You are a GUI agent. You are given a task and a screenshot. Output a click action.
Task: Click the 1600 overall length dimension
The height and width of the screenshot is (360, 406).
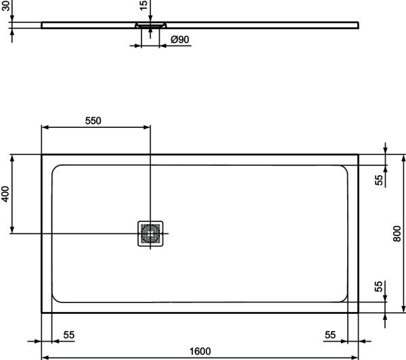point(200,351)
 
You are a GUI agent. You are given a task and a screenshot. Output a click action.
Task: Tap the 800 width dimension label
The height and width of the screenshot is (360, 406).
point(397,233)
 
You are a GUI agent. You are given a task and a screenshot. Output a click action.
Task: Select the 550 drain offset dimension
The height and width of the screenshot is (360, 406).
point(93,120)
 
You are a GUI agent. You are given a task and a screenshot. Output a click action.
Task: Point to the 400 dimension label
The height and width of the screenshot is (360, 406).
point(5,194)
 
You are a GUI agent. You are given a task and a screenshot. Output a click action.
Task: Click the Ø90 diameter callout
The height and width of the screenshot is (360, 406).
point(180,39)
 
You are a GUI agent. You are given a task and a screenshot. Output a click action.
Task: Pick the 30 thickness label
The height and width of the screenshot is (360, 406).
point(5,5)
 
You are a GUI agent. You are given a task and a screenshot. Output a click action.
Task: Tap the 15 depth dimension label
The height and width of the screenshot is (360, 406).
point(143,5)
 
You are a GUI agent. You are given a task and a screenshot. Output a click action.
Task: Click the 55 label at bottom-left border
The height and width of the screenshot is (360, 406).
point(69,335)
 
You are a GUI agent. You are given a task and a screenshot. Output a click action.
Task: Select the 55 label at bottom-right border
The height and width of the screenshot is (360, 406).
point(330,335)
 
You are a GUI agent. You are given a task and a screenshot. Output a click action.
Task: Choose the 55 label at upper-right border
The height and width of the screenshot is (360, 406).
point(378,180)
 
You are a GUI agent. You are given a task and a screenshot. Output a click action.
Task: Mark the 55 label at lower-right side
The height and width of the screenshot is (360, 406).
point(378,286)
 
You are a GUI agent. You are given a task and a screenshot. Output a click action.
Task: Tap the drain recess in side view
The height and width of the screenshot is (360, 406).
point(151,25)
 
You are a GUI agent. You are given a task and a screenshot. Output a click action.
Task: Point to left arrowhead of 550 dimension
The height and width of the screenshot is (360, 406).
point(45,127)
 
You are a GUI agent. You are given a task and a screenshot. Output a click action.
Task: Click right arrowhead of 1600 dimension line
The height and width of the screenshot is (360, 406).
point(355,358)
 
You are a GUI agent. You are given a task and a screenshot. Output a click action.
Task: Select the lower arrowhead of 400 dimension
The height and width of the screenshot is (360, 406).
point(12,229)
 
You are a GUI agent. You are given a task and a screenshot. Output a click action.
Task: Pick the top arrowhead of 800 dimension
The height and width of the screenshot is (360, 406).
point(403,158)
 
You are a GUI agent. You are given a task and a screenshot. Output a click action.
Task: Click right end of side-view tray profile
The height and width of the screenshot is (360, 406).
point(359,25)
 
